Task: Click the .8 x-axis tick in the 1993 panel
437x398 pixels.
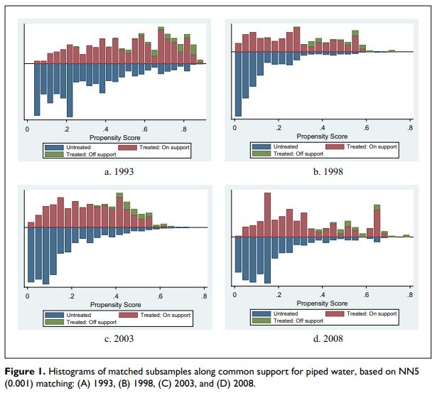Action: pyautogui.click(x=185, y=129)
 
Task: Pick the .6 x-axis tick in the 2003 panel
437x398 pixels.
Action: pyautogui.click(x=161, y=296)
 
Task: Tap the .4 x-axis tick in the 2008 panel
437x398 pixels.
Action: pyautogui.click(x=323, y=296)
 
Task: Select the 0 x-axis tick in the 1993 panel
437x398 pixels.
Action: pyautogui.click(x=27, y=129)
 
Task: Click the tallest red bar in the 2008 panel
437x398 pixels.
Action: pyautogui.click(x=266, y=213)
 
